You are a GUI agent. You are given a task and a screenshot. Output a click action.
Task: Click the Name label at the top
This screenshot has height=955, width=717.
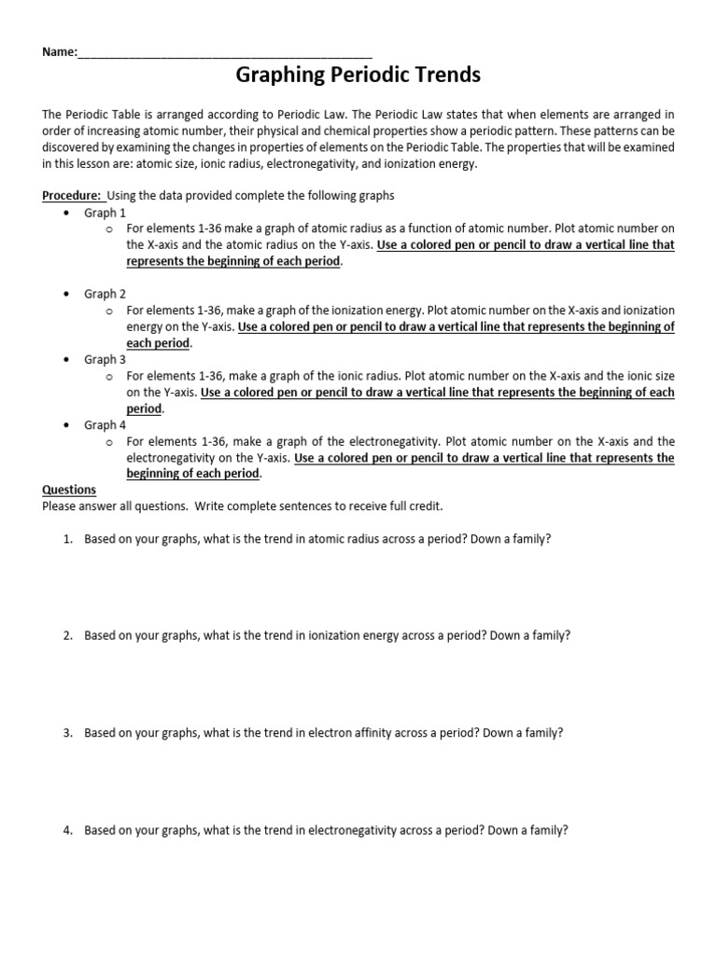click(x=59, y=52)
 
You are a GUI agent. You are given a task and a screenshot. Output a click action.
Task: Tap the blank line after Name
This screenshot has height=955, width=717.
click(x=225, y=54)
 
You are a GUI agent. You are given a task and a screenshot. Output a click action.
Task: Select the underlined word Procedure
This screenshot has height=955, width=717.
click(x=72, y=196)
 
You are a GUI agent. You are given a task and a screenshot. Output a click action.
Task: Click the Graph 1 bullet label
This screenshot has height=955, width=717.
click(x=105, y=214)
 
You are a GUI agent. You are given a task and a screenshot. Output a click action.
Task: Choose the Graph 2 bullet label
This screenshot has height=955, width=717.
click(x=105, y=294)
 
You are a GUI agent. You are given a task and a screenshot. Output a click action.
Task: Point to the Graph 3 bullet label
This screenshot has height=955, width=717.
click(x=105, y=359)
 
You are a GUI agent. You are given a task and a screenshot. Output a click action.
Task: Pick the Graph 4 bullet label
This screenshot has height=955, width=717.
click(x=105, y=425)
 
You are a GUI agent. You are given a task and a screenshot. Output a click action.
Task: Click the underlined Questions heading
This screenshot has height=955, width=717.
click(x=69, y=490)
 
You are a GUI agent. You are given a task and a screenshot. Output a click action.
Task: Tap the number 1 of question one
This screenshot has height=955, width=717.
click(x=67, y=539)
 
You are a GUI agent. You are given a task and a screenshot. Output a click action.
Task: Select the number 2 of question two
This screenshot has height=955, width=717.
click(x=67, y=635)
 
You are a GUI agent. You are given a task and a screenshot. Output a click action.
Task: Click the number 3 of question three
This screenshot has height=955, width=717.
click(x=67, y=733)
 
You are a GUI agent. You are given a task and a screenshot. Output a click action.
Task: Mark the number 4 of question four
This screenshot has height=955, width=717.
click(x=67, y=830)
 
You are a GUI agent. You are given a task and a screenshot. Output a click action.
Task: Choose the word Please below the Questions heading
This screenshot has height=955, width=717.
click(x=61, y=506)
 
